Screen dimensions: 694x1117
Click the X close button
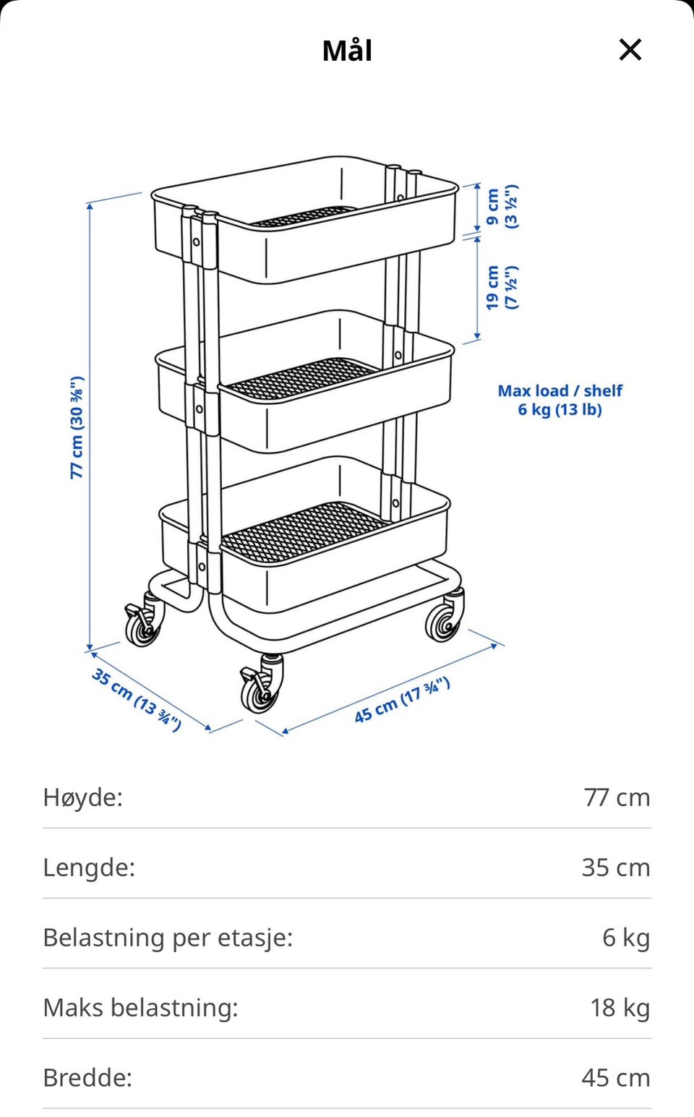click(630, 50)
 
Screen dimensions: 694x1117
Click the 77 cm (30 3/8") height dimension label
click(77, 427)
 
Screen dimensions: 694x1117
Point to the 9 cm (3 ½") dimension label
click(502, 207)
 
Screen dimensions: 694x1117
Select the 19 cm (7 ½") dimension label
click(502, 287)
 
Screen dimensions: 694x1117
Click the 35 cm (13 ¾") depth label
click(136, 699)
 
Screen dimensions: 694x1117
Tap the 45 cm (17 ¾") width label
click(402, 700)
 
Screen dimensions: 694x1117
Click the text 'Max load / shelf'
click(560, 390)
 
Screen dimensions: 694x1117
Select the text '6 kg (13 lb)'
click(560, 409)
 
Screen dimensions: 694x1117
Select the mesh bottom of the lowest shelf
click(302, 531)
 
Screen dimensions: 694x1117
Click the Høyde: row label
click(82, 797)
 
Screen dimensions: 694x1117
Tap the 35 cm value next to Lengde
click(616, 868)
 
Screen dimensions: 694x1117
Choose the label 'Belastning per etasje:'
click(168, 938)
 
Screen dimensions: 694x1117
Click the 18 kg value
click(620, 1008)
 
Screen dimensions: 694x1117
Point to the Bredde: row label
click(87, 1078)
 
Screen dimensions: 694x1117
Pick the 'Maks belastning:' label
click(140, 1008)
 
